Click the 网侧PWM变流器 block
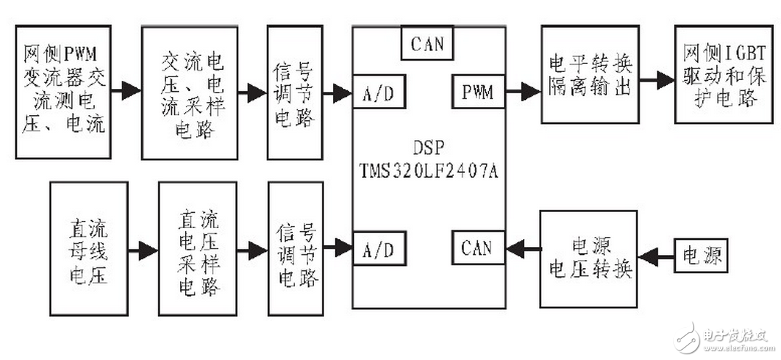64,92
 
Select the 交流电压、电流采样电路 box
189,92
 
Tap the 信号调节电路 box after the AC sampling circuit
294,92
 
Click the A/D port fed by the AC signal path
379,92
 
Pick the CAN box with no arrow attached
427,44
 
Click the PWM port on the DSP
477,92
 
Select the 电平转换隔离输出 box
589,74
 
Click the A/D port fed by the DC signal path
379,249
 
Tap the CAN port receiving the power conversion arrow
477,248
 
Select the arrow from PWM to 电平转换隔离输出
522,92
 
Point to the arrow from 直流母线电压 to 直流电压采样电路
143,251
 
